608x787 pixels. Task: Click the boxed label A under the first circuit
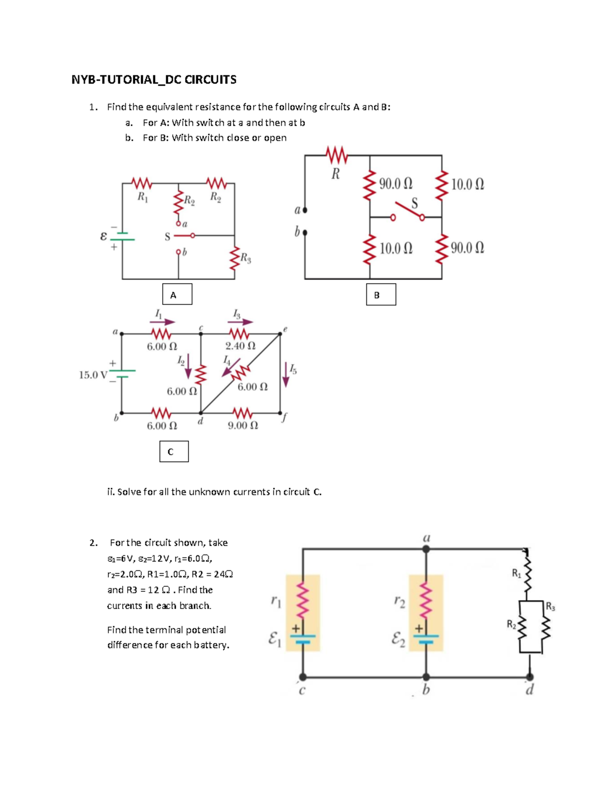pos(177,294)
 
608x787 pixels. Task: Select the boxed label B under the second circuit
pos(381,294)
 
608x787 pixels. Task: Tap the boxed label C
pos(174,451)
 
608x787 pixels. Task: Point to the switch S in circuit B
pos(407,211)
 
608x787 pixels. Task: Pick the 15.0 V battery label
pos(93,375)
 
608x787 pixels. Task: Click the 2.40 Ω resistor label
pos(241,346)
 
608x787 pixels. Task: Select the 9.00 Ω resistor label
pos(243,425)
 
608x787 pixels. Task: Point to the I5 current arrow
pos(286,375)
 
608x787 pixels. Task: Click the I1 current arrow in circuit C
pos(163,322)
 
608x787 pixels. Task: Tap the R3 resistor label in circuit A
pos(246,258)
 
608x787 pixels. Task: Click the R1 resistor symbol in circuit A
pos(141,183)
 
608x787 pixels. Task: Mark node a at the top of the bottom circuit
pos(426,549)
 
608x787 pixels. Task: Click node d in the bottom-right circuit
pos(530,677)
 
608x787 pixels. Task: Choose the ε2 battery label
pos(398,640)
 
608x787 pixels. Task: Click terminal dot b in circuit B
pos(305,232)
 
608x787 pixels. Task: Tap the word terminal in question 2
pos(164,630)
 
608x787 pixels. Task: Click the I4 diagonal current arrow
pos(231,367)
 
